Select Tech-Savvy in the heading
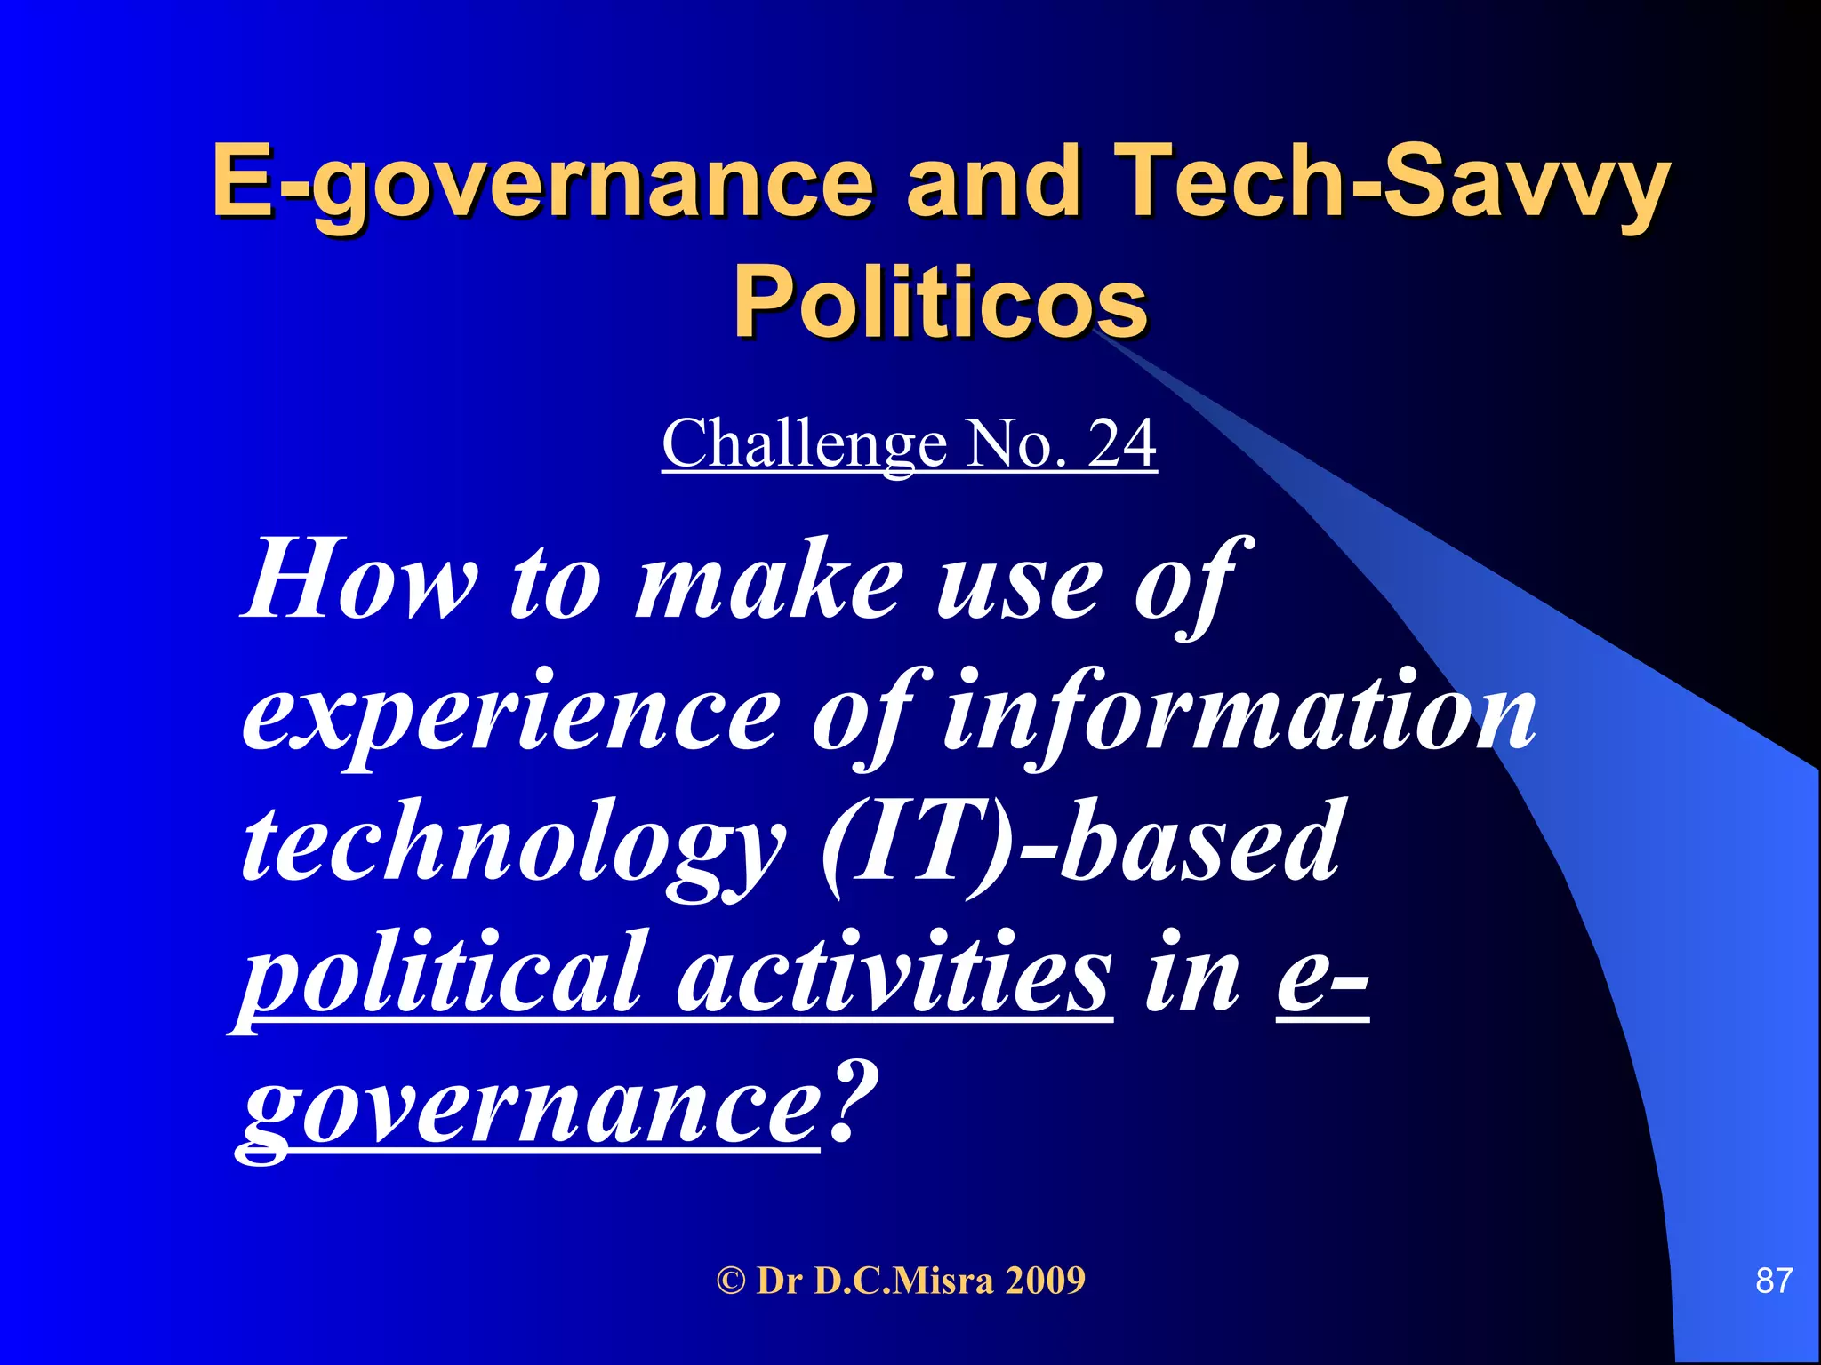pyautogui.click(x=1392, y=182)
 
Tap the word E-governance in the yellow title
pyautogui.click(x=543, y=182)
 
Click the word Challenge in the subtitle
pyautogui.click(x=804, y=443)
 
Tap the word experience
pyautogui.click(x=510, y=715)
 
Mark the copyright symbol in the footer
pyautogui.click(x=731, y=1281)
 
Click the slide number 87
pyautogui.click(x=1773, y=1281)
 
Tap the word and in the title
pyautogui.click(x=993, y=182)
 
